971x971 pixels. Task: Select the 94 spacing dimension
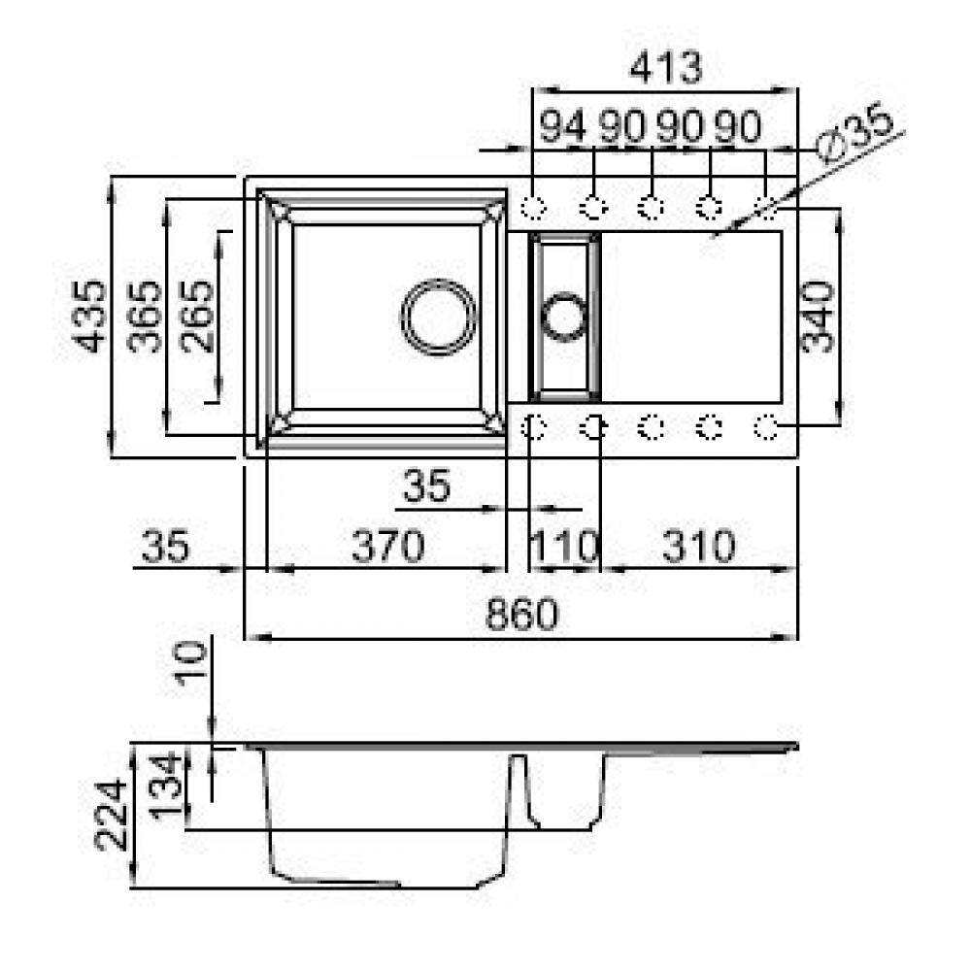coord(563,126)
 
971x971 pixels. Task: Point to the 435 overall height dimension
coord(89,317)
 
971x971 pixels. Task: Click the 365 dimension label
coord(145,317)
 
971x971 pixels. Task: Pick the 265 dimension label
coord(197,317)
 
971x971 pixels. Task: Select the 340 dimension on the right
coord(818,317)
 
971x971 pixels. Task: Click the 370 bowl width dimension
coord(388,546)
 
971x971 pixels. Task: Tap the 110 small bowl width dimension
coord(565,546)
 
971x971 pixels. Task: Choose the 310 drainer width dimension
coord(699,546)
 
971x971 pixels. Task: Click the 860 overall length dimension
coord(521,615)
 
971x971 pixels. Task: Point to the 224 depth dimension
coord(112,815)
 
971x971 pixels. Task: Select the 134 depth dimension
coord(167,787)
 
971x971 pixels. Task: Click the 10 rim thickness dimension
coord(190,663)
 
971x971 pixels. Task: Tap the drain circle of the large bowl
coord(439,318)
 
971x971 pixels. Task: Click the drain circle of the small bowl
coord(564,317)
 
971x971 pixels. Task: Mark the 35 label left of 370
coord(165,546)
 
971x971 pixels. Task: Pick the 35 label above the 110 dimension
coord(426,485)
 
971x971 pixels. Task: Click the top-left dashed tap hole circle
coord(533,207)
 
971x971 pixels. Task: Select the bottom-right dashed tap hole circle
coord(767,426)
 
